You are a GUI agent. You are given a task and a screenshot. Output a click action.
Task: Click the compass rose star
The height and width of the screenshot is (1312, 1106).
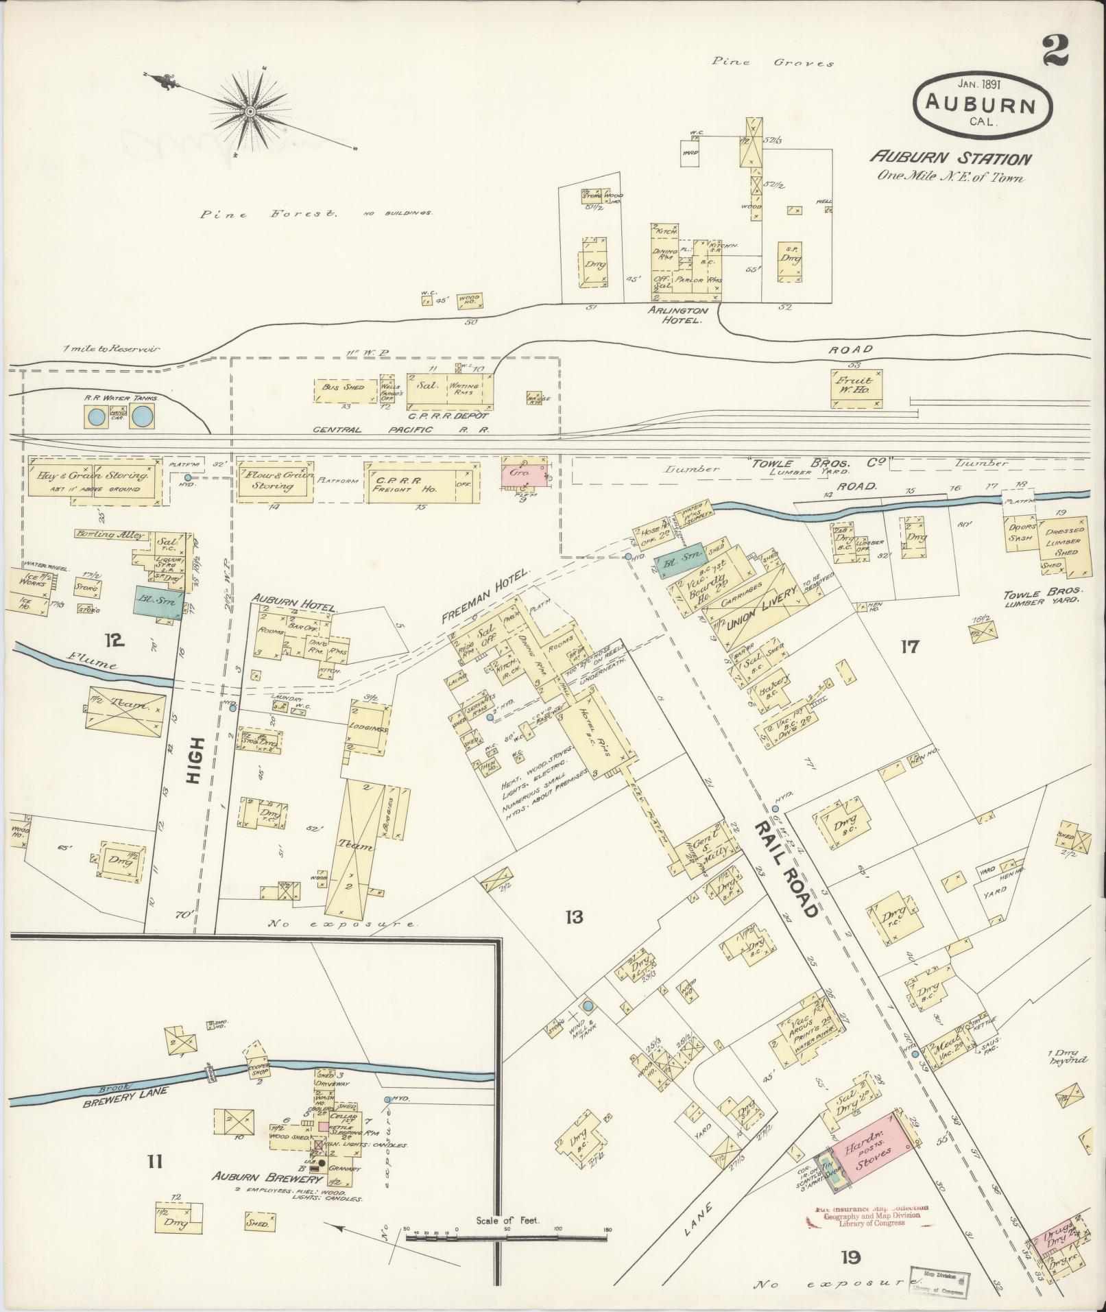(251, 110)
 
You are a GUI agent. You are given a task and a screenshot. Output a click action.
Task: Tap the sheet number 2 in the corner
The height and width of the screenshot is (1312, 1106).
(1057, 51)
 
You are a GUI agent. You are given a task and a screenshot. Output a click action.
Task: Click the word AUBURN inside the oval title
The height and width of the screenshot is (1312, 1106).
(982, 104)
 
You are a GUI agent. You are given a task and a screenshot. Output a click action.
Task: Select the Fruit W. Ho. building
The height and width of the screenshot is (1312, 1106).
(856, 390)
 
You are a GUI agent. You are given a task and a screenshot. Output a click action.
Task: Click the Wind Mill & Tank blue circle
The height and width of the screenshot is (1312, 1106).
(587, 1006)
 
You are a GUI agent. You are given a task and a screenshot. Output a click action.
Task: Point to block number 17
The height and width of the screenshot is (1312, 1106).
(909, 646)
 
